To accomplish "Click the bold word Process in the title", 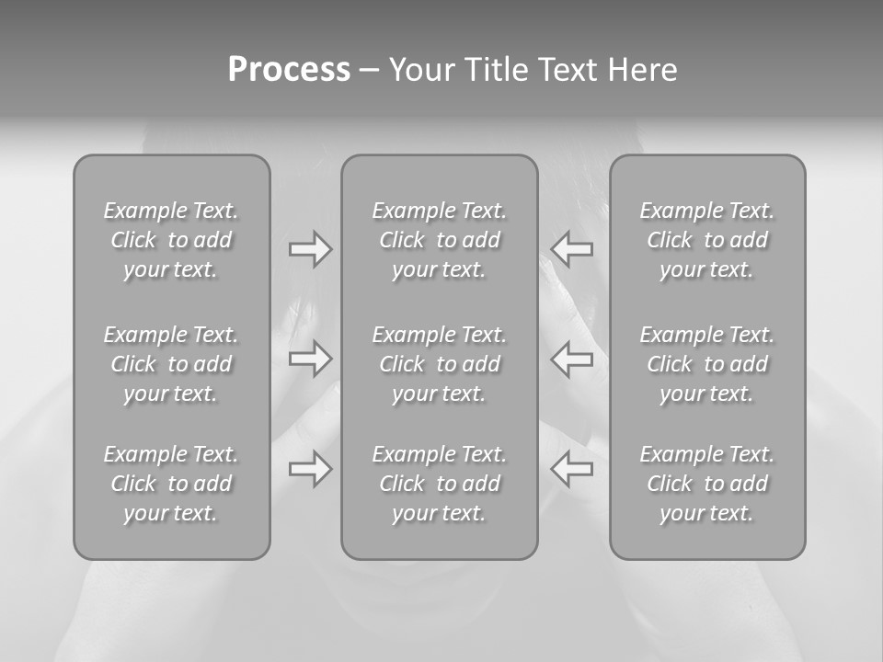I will [x=289, y=70].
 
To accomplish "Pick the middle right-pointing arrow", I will [x=311, y=360].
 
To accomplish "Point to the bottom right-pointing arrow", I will [x=311, y=470].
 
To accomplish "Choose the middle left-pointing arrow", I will [x=572, y=360].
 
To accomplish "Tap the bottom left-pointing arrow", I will [x=572, y=470].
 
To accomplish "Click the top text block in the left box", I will [x=171, y=240].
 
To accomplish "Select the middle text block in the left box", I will [x=171, y=364].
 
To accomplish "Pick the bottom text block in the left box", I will [x=171, y=484].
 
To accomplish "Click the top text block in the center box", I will [x=440, y=240].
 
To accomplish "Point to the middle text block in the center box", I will [x=440, y=364].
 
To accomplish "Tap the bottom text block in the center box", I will [x=440, y=484].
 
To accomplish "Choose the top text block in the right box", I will [x=707, y=240].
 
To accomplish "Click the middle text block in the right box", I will [x=707, y=364].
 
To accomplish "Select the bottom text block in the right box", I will [x=707, y=484].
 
